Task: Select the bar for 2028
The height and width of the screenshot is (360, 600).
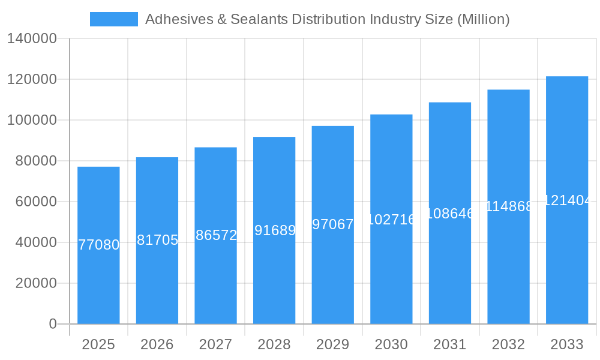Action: click(x=274, y=230)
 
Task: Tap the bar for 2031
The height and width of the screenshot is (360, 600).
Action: click(x=450, y=213)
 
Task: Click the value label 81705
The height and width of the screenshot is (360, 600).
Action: click(x=157, y=240)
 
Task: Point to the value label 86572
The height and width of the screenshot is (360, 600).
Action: click(x=216, y=235)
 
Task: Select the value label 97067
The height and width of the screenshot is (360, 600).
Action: click(x=333, y=224)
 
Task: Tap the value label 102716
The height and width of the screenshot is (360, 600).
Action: click(x=391, y=220)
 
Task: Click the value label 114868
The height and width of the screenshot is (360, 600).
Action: click(x=508, y=206)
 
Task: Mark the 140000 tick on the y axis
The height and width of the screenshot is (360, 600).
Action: click(x=32, y=39)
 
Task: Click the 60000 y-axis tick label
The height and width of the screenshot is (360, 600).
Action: click(x=36, y=202)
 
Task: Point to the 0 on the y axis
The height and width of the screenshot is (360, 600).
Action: click(x=52, y=324)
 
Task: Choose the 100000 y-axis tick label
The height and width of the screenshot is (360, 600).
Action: click(x=32, y=120)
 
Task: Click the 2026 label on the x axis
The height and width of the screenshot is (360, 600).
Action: click(x=157, y=344)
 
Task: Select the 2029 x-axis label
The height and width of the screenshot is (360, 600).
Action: click(x=333, y=344)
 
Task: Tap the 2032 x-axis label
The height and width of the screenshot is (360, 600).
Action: click(x=508, y=344)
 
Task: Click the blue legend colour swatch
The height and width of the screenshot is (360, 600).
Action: click(x=114, y=19)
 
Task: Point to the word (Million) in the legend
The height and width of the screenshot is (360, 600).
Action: click(x=483, y=19)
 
